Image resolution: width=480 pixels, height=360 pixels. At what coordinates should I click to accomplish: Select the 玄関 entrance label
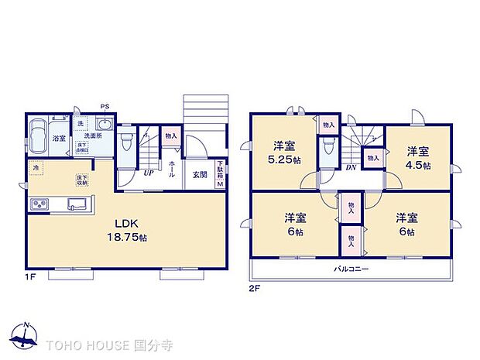200,174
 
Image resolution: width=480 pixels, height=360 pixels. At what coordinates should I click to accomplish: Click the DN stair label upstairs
350,168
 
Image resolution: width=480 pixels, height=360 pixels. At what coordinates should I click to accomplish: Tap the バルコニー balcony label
351,269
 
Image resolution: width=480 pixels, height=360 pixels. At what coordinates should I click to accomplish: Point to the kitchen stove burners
39,204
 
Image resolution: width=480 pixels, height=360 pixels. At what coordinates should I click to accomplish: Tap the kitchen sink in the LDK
77,204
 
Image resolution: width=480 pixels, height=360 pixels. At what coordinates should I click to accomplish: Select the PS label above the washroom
104,107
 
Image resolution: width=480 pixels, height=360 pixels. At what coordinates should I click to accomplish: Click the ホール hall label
170,170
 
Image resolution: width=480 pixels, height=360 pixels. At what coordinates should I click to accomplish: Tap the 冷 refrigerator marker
36,166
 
